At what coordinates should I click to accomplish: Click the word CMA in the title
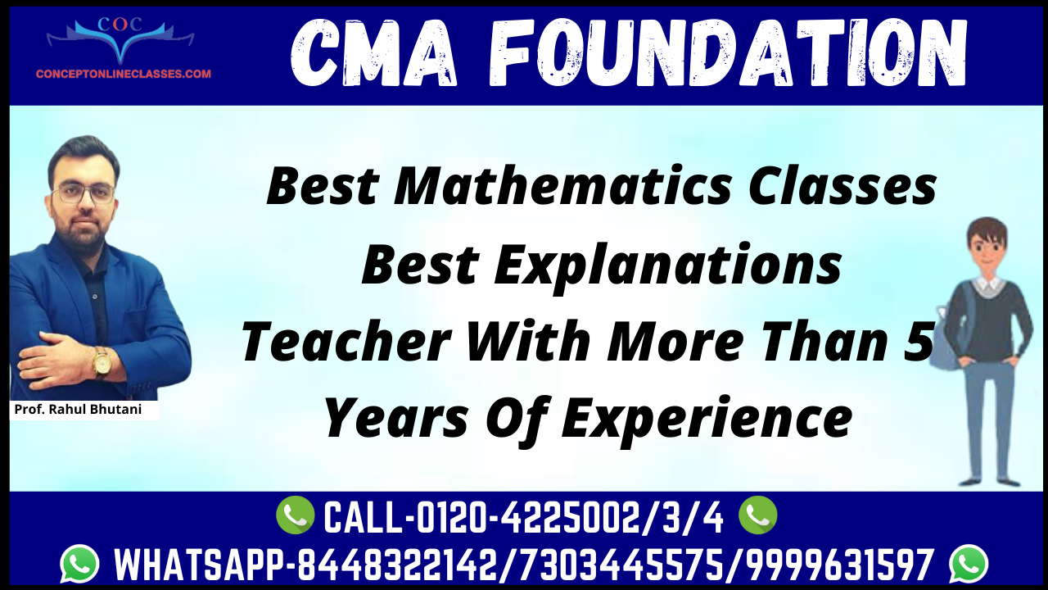pos(373,53)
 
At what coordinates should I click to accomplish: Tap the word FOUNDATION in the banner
pos(728,53)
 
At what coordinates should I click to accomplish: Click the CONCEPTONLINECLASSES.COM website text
pos(124,74)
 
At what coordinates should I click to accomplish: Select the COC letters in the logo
pos(120,24)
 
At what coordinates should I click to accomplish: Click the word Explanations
pos(667,267)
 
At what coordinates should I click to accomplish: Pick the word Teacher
pos(346,341)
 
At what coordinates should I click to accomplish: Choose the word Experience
pos(707,419)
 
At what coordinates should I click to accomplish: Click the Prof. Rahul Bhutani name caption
pos(78,409)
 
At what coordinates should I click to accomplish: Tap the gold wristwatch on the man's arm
pos(101,362)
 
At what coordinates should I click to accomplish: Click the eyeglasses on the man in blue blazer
pos(84,193)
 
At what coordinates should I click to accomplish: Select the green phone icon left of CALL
pos(296,515)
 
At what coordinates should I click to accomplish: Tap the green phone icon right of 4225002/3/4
pos(758,515)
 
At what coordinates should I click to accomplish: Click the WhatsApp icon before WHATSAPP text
pos(79,564)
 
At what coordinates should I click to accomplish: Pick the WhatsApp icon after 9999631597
pos(969,564)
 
